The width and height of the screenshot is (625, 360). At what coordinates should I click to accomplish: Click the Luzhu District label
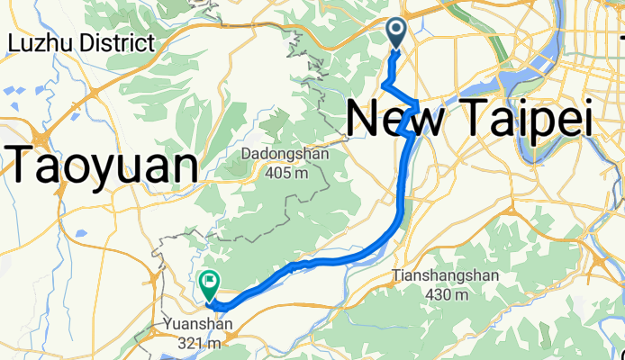[80, 42]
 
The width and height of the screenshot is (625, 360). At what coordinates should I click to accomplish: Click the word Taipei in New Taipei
[522, 119]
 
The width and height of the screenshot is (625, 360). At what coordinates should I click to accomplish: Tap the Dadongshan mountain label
[285, 154]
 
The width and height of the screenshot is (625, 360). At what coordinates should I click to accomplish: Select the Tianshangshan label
[438, 275]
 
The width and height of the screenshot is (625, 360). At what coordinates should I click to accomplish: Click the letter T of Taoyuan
[25, 166]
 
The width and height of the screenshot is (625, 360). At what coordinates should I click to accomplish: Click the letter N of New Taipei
[363, 119]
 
